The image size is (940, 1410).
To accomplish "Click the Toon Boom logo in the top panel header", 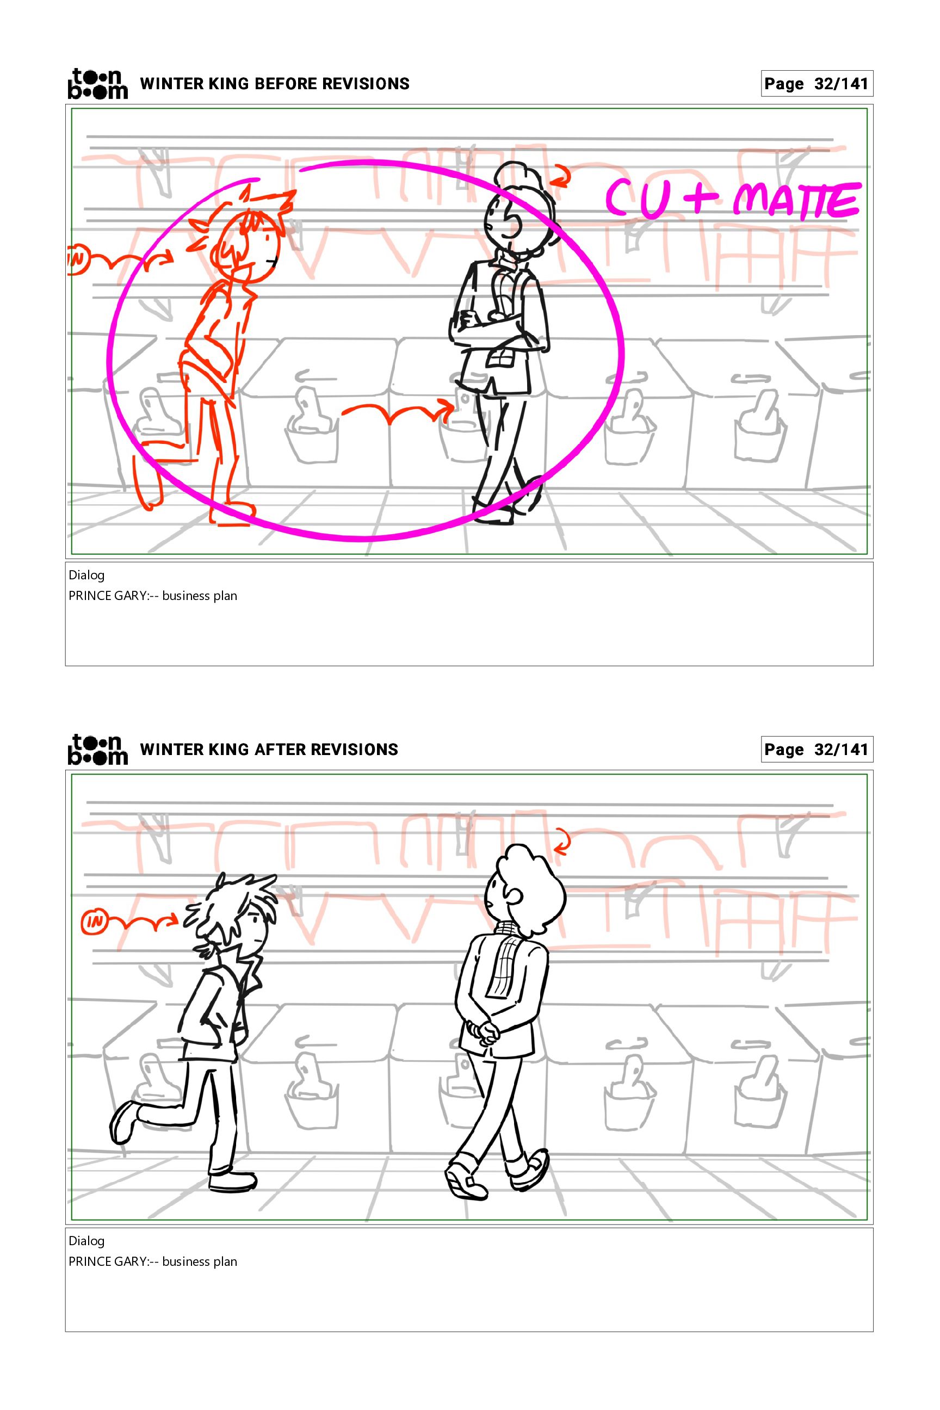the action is coord(97,83).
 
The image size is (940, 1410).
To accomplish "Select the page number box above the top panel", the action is coord(817,83).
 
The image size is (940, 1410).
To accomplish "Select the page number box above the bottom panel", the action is coord(817,750).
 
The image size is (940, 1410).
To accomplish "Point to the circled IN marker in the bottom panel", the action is coord(94,923).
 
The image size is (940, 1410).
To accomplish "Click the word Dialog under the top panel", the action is coord(86,576).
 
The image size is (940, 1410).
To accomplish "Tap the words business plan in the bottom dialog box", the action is coord(200,1262).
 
